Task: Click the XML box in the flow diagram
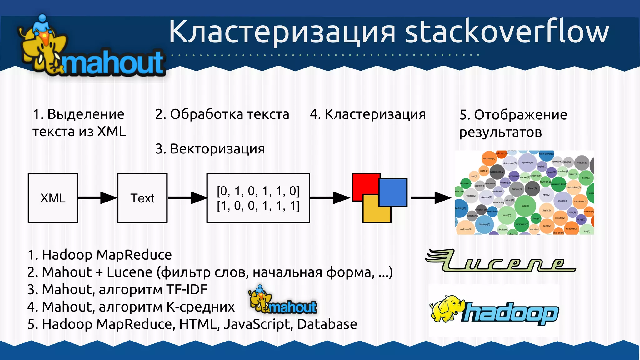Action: click(x=53, y=198)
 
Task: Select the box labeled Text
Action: click(x=142, y=198)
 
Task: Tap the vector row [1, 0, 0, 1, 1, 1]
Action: click(x=258, y=206)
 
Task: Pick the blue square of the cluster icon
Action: click(x=393, y=192)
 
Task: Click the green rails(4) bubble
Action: click(x=525, y=206)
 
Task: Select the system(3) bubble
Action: click(x=527, y=162)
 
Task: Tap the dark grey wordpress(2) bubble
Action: click(x=497, y=172)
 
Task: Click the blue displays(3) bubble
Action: click(x=484, y=224)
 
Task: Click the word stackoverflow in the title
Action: click(x=506, y=32)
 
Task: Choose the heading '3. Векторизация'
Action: click(x=210, y=149)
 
